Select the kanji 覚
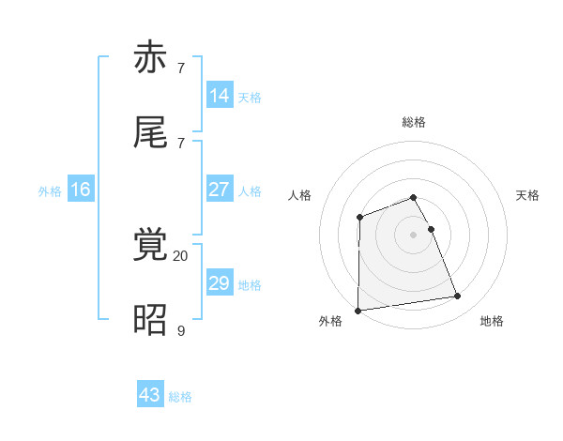tap(151, 245)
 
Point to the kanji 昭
tap(151, 319)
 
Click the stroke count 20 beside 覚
tap(180, 255)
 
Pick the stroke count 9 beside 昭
tap(180, 329)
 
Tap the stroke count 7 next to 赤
tap(180, 68)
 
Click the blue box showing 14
tap(220, 95)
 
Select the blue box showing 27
tap(220, 190)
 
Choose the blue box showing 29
tap(220, 283)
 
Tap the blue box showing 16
tap(81, 190)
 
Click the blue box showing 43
tap(150, 395)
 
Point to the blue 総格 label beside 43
tap(180, 397)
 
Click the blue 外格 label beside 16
tap(50, 191)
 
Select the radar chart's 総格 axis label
tap(414, 122)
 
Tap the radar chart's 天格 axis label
tap(528, 195)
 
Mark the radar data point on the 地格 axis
tap(458, 297)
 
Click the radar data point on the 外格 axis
tap(358, 311)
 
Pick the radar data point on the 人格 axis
tap(359, 218)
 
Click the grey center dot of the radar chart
tap(414, 235)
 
